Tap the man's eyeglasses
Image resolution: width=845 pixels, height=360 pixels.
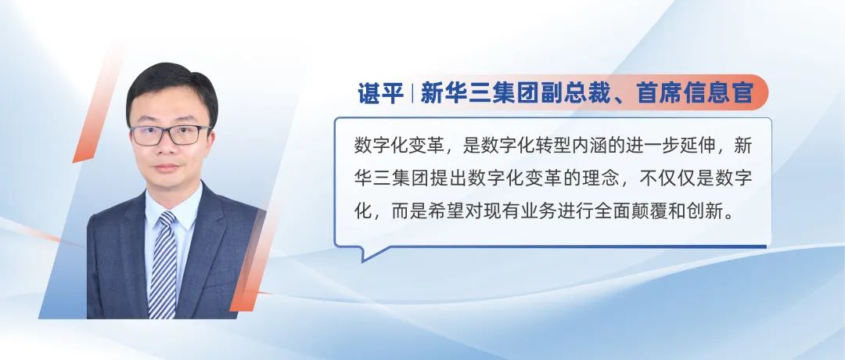coord(171,135)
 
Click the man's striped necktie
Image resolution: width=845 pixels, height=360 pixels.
coord(164,264)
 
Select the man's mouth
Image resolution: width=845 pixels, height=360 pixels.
coord(167,167)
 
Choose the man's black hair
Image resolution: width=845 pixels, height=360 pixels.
coord(171,86)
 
